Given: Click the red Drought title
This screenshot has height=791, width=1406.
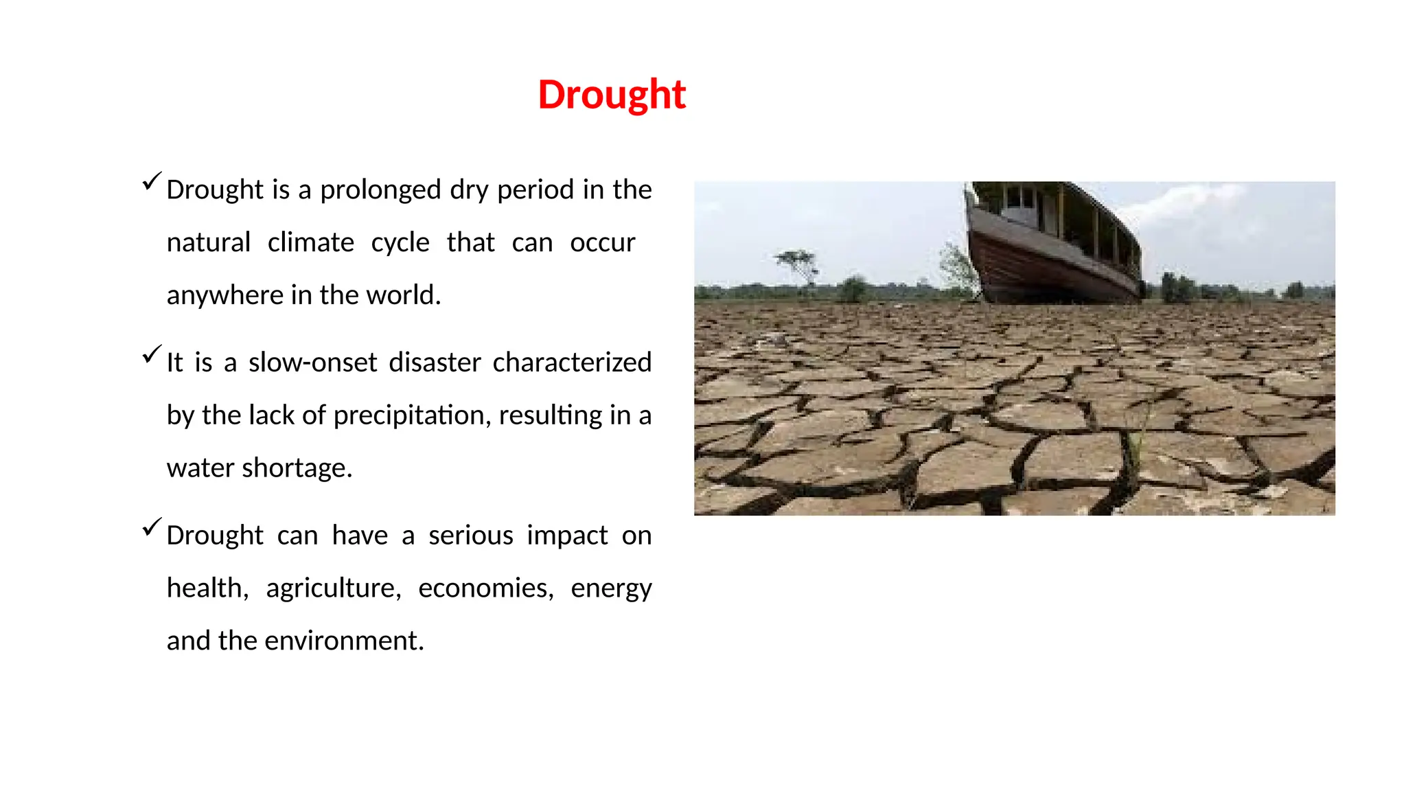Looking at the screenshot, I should [611, 94].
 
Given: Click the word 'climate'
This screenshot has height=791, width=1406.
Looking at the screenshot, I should [310, 242].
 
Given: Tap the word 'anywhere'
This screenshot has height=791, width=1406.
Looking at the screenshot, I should [224, 295].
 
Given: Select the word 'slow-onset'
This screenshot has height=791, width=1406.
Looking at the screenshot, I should [312, 363].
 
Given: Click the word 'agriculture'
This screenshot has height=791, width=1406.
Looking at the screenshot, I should [333, 588].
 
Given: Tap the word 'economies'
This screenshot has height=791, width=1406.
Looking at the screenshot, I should [485, 588].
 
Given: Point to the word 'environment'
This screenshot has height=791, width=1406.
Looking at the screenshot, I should [344, 641].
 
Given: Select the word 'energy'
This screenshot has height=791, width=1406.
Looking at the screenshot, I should [611, 588].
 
